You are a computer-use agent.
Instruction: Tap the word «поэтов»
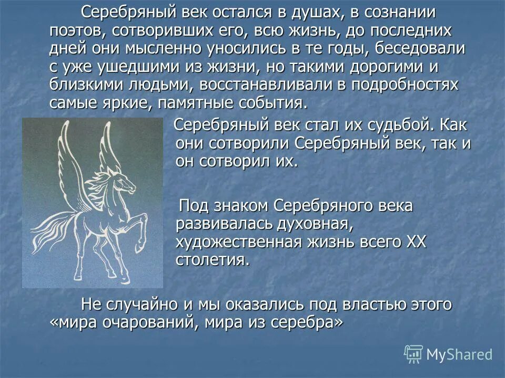[78, 30]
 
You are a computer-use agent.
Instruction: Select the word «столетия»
[213, 260]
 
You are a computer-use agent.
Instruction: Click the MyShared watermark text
[459, 354]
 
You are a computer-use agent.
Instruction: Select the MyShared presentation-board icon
[413, 354]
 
